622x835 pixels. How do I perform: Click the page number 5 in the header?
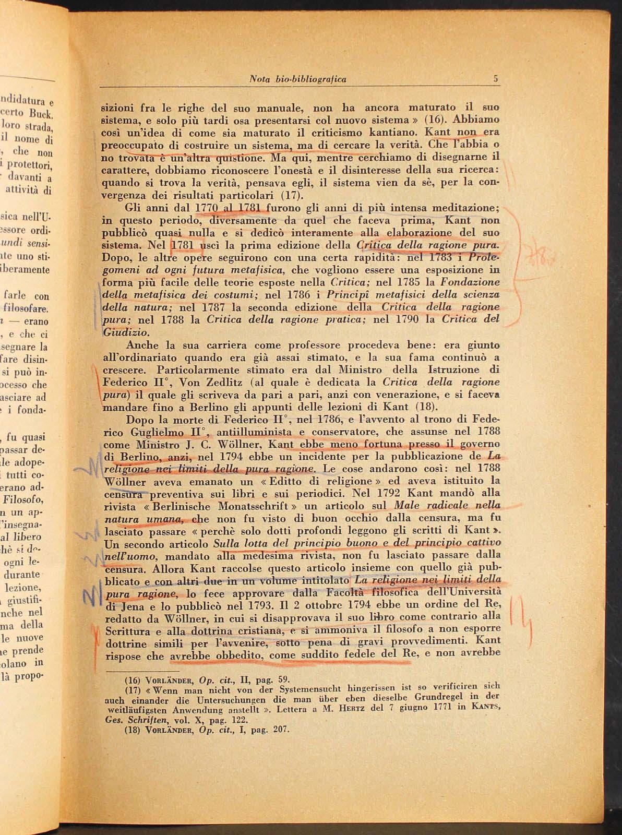pyautogui.click(x=496, y=79)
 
